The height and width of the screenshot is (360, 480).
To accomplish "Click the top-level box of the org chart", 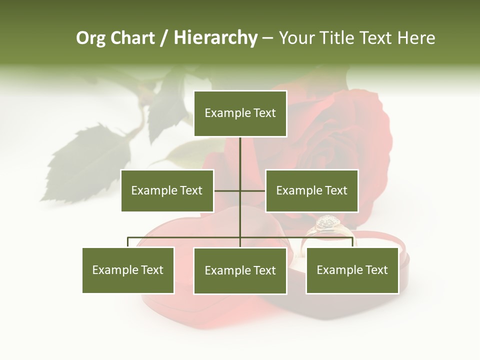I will [240, 113].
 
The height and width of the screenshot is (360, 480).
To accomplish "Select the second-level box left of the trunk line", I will [167, 190].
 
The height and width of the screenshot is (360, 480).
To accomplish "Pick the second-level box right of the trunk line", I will [311, 190].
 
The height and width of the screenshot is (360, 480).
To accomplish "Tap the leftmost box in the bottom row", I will [128, 270].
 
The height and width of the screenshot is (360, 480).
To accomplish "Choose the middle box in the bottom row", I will [240, 271].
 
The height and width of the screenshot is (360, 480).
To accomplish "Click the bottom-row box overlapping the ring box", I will [352, 270].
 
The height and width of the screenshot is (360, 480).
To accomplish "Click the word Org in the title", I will [90, 38].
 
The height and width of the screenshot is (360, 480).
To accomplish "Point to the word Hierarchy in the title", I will [215, 38].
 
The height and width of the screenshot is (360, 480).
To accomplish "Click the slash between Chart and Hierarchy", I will [164, 38].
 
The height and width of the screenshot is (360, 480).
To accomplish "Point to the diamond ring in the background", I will [327, 225].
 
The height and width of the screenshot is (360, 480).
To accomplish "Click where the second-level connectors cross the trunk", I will [240, 190].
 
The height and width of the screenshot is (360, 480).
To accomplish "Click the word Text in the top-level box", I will [264, 113].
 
